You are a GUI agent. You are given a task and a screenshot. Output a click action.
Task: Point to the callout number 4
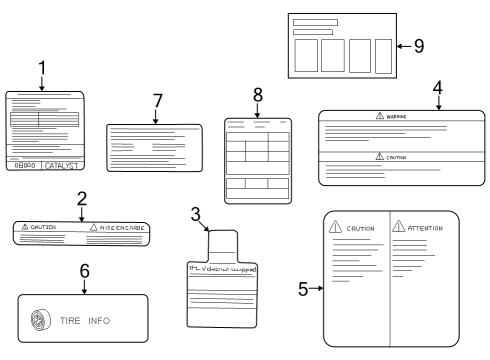pyautogui.click(x=437, y=86)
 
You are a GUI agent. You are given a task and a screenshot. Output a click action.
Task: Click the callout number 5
pyautogui.click(x=303, y=289)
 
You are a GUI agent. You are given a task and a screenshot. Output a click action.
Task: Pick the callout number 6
pyautogui.click(x=84, y=270)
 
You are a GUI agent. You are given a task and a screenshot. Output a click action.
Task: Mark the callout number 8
pyautogui.click(x=257, y=94)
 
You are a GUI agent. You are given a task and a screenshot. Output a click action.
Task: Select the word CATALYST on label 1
pyautogui.click(x=62, y=168)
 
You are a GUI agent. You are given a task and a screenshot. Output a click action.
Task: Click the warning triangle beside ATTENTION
pyautogui.click(x=398, y=228)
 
